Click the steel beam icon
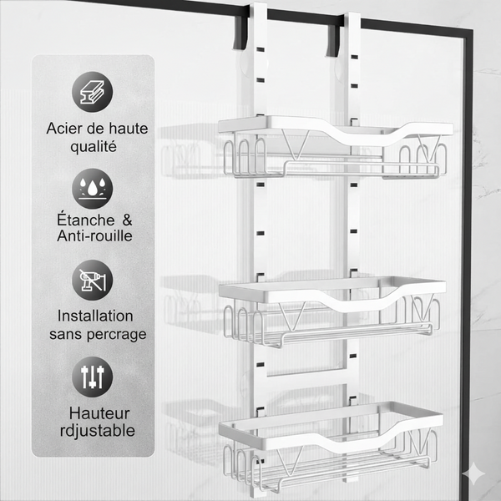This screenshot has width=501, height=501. (93, 92)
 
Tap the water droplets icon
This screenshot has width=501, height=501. (93, 189)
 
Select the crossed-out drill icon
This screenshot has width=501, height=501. (93, 281)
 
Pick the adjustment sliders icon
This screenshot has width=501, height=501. (93, 377)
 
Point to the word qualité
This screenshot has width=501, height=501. (94, 147)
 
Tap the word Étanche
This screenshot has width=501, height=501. (86, 220)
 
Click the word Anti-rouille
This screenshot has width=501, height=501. (94, 235)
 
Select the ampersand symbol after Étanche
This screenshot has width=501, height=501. (127, 220)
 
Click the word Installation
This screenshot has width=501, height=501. (95, 316)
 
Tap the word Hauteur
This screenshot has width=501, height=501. (99, 413)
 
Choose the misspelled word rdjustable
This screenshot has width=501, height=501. (98, 431)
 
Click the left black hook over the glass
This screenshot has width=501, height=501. (240, 32)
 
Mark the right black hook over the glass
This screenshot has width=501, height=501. (332, 41)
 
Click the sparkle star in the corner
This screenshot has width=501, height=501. (473, 473)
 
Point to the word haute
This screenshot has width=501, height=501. (129, 129)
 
